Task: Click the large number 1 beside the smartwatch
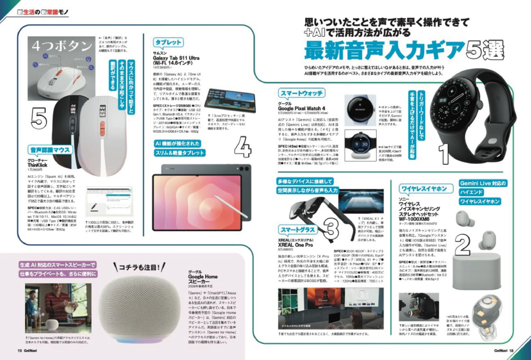pos(444,153)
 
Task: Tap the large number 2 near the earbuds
pos(462,245)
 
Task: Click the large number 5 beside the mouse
pos(39,118)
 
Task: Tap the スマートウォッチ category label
pos(301,93)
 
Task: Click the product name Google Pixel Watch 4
pos(301,108)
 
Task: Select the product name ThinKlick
pos(38,165)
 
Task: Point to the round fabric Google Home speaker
pos(139,310)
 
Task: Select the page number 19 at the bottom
pos(20,350)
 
